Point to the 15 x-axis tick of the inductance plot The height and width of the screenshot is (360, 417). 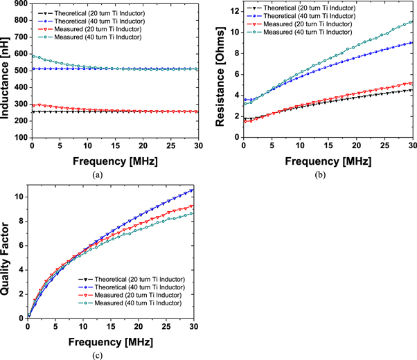coord(115,147)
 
